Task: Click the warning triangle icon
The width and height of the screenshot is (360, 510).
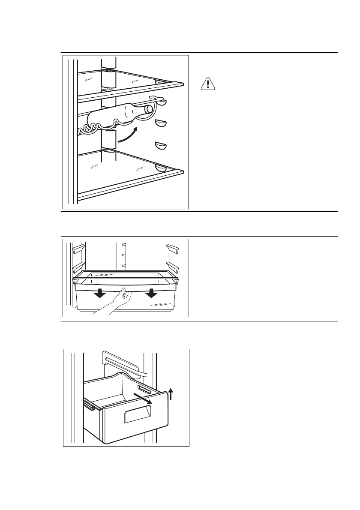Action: [x=207, y=84]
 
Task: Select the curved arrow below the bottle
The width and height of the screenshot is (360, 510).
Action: [x=128, y=135]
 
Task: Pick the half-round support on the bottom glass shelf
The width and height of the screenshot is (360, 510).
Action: [x=162, y=167]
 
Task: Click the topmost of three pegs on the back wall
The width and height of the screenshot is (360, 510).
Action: [x=124, y=245]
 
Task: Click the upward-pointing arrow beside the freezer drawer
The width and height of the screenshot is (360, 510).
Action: [x=171, y=393]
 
